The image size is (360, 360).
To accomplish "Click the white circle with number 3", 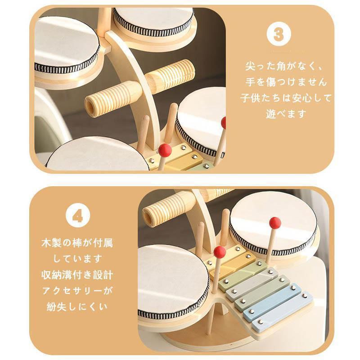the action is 279,34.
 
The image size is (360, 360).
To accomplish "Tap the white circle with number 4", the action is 78,216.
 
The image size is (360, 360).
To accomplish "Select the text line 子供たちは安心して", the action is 286,98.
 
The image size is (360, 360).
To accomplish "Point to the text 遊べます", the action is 286,114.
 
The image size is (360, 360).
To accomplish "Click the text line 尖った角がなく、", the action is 284,66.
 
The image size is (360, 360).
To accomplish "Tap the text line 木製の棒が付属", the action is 77,243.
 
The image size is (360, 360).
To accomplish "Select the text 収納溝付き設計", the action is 77,275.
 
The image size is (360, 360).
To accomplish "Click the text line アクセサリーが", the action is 77,291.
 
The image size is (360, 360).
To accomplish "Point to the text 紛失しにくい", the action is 77,307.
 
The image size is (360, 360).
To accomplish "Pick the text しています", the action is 77,259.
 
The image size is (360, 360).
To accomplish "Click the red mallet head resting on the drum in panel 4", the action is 275,223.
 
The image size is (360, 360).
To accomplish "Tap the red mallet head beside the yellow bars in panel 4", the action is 220,252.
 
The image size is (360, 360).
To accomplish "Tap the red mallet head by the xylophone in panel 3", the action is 165,150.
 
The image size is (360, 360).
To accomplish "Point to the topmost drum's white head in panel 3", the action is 153,19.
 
